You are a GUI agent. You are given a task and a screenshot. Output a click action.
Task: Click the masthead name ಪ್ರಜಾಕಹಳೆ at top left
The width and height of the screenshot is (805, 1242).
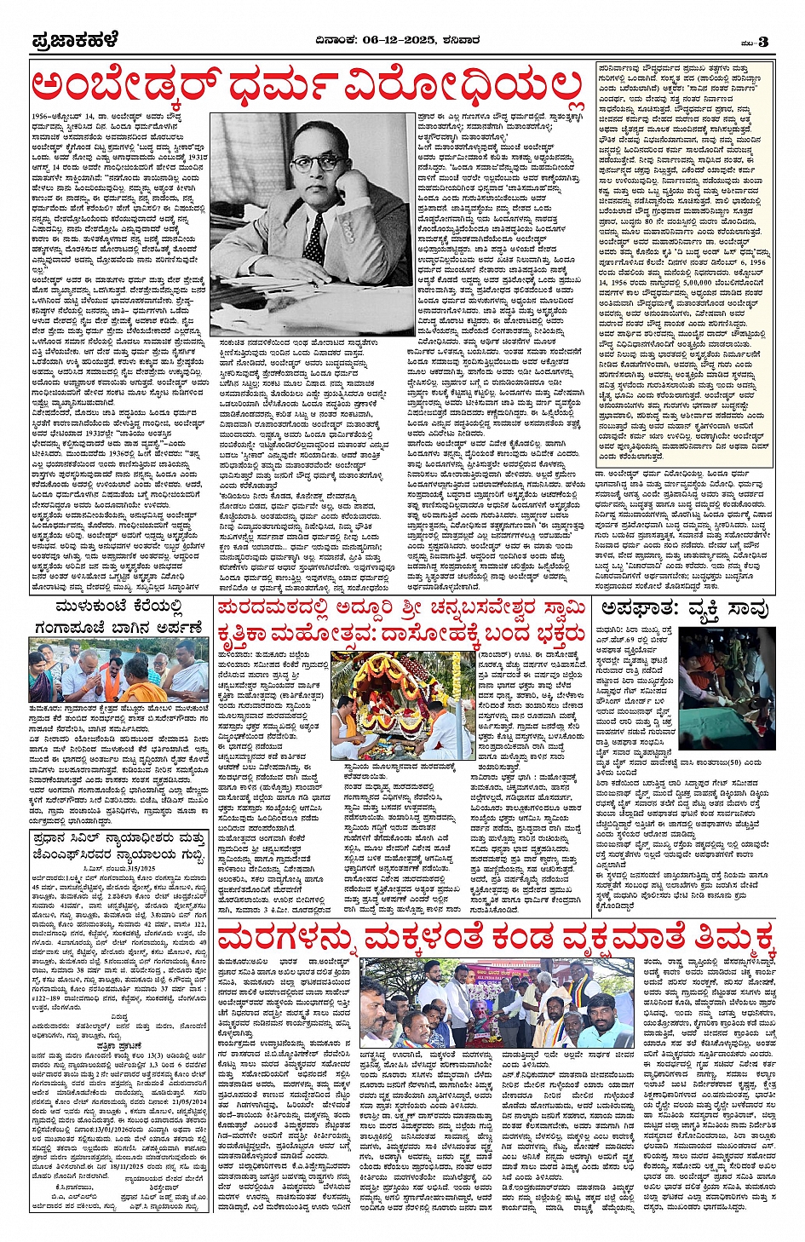(74, 40)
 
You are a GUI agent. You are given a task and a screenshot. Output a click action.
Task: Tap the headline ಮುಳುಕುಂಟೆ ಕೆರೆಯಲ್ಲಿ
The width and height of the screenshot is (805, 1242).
(118, 607)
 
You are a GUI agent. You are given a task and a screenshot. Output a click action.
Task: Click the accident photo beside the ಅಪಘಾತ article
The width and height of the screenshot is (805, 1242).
(725, 673)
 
